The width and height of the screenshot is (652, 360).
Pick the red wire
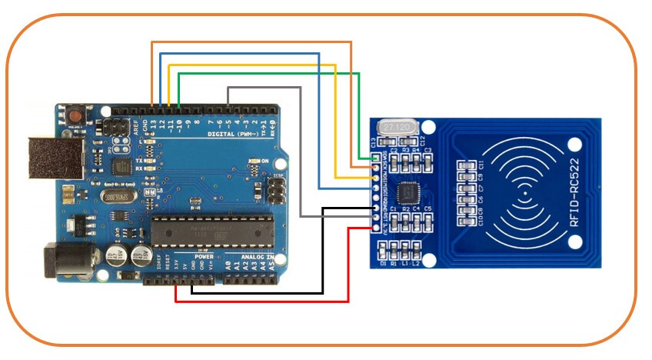pos(261,301)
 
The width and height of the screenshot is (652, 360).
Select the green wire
pos(269,74)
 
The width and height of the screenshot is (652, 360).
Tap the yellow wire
pos(254,65)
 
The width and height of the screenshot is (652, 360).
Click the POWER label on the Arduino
pos(203,256)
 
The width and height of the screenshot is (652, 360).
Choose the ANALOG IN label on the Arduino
pos(258,256)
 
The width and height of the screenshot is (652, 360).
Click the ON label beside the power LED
pos(265,160)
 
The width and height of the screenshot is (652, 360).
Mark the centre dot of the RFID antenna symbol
pos(526,194)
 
